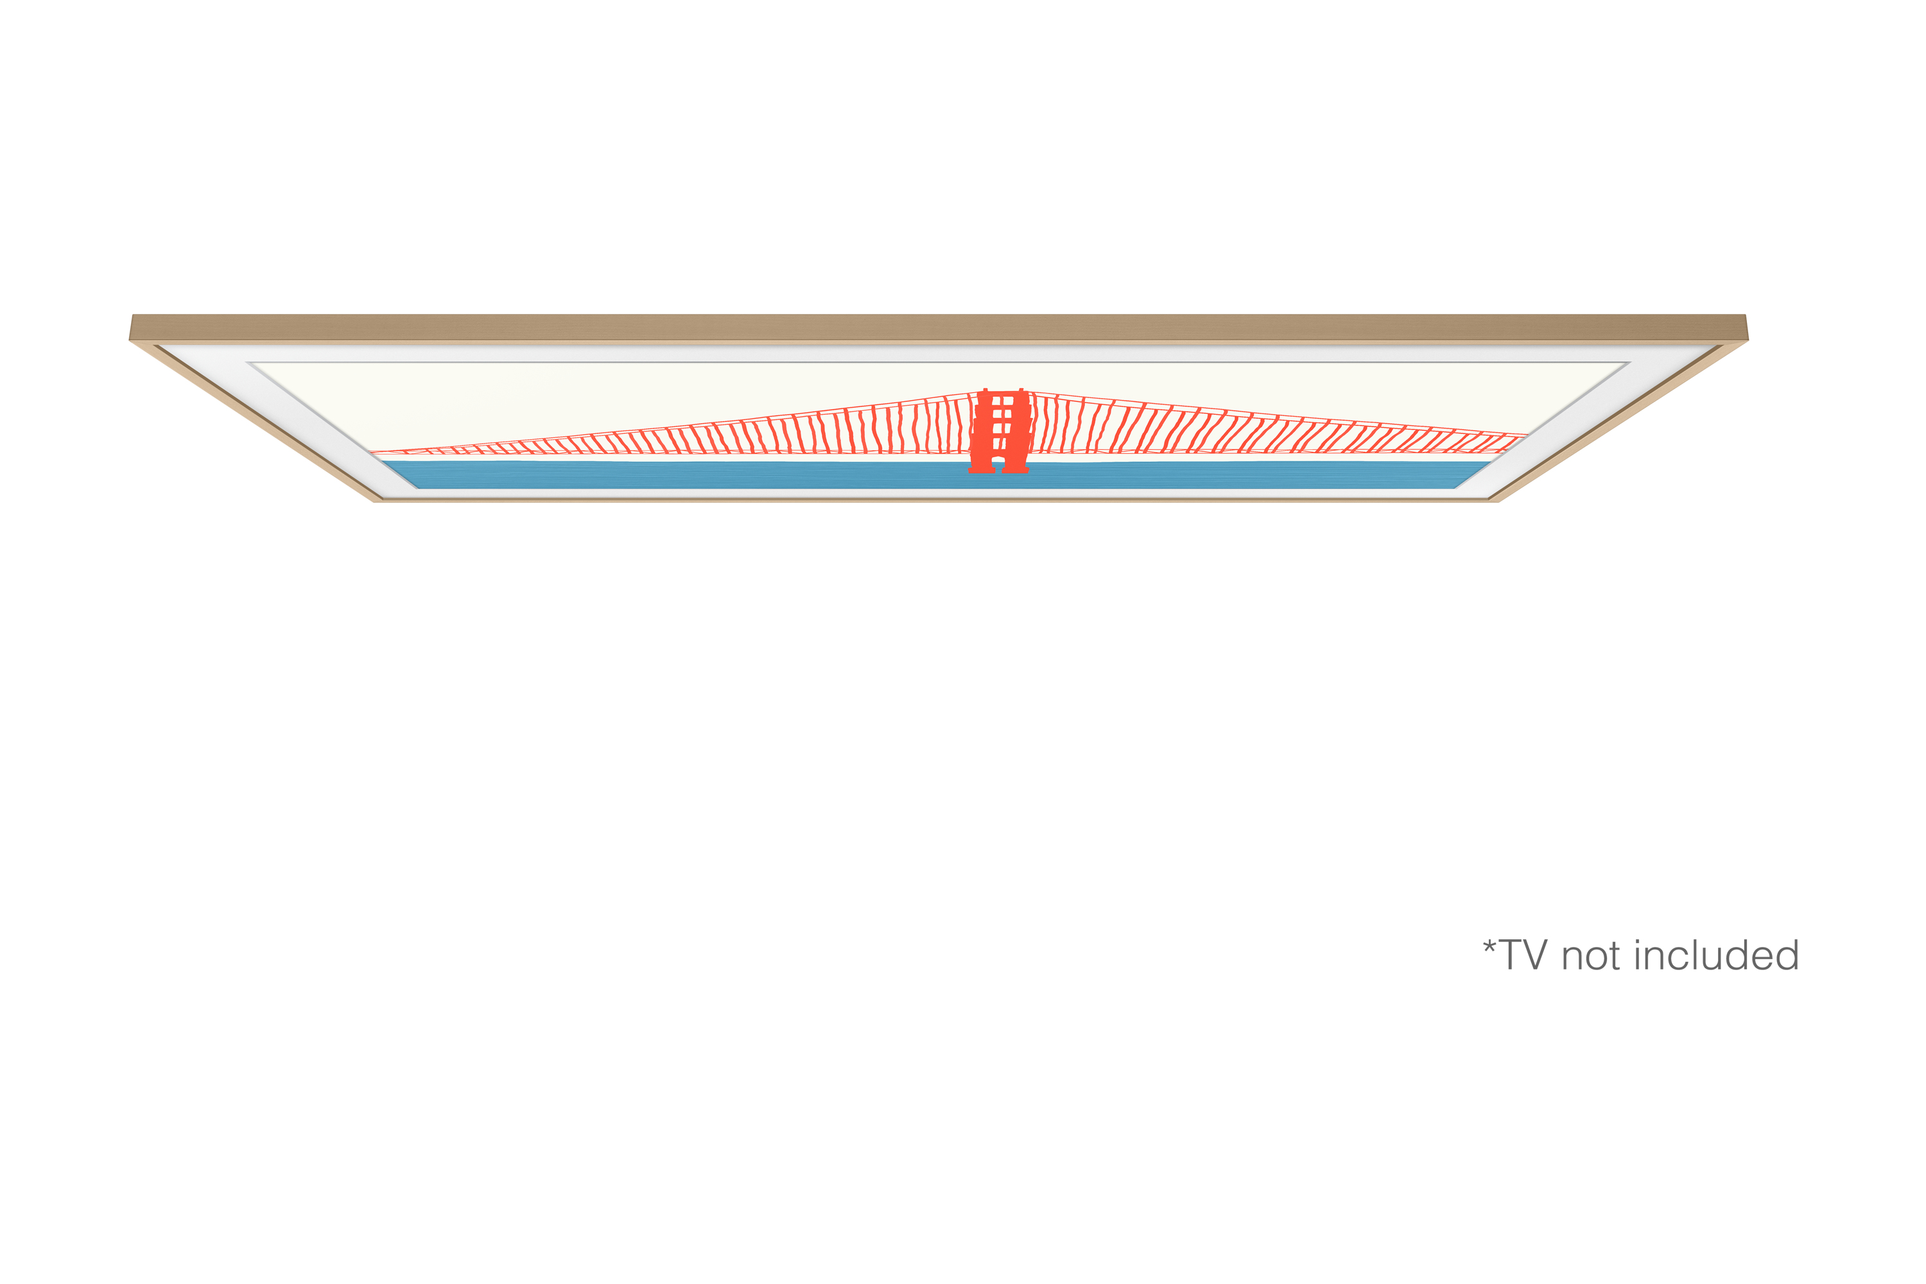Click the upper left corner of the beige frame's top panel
(133, 315)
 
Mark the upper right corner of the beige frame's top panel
(1745, 315)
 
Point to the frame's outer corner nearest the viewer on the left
(376, 501)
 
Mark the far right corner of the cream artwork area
(1629, 363)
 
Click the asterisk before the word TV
(1489, 948)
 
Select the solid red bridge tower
(999, 431)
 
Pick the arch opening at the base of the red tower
(998, 464)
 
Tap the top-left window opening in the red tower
(996, 401)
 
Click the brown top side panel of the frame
(939, 327)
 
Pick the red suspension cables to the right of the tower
(1278, 426)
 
